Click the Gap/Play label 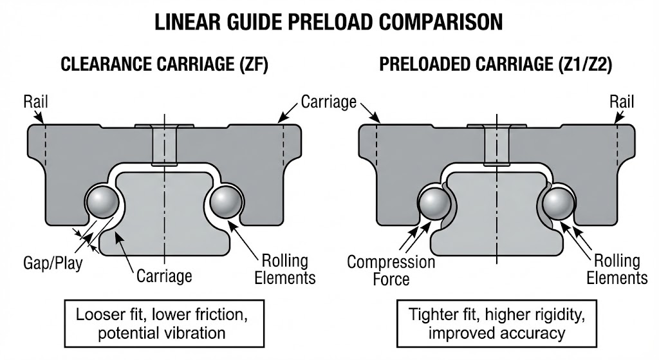[x=53, y=263]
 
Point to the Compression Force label [x=391, y=270]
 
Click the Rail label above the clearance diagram [x=35, y=101]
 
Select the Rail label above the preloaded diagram [x=622, y=101]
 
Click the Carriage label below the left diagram [x=164, y=276]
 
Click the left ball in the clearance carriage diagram [x=102, y=202]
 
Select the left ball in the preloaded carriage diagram [x=434, y=203]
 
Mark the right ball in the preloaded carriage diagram [x=557, y=203]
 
